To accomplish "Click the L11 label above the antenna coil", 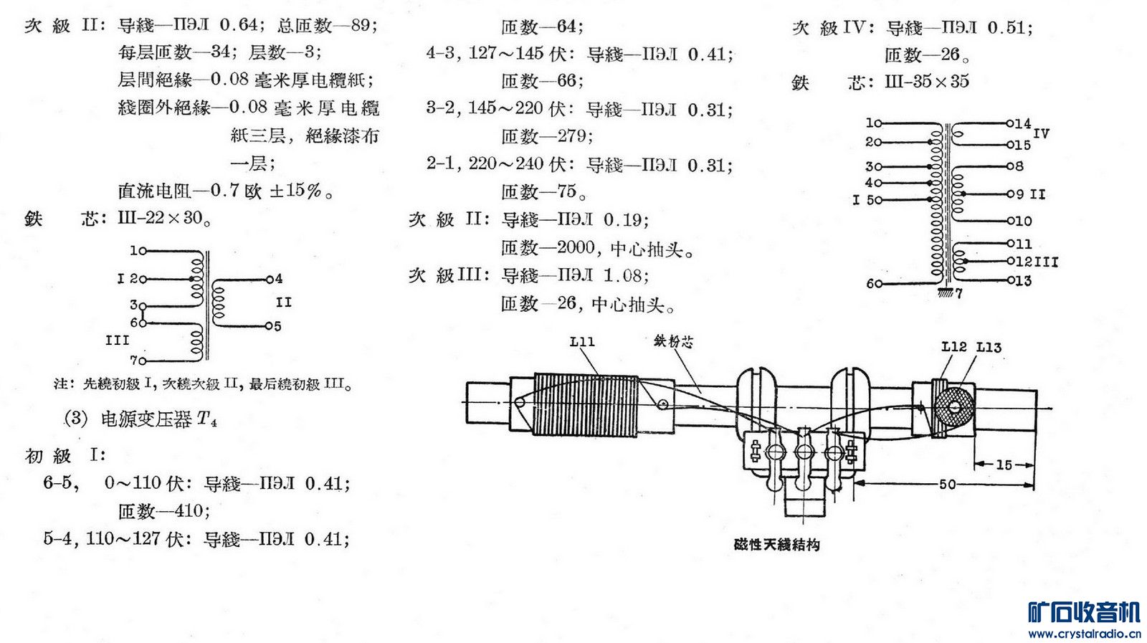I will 582,342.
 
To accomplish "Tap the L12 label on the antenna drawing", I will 953,347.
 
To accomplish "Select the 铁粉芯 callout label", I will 673,341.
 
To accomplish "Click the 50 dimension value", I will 947,484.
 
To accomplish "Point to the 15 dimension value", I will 1004,465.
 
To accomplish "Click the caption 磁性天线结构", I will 776,545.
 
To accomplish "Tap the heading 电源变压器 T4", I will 158,419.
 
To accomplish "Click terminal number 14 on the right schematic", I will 1022,123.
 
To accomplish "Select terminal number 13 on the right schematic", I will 1022,281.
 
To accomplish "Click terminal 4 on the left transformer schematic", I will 277,279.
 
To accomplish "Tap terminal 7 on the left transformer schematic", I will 134,360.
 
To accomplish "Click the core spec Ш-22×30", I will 163,218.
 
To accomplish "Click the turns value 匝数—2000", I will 548,248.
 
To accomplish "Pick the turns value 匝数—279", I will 546,136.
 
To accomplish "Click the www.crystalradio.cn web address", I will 1083,634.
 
